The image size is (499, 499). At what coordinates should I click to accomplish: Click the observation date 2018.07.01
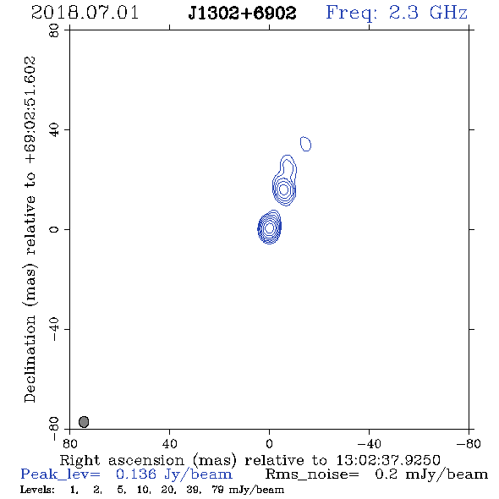tap(85, 13)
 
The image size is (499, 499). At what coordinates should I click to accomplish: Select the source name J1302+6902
tap(242, 13)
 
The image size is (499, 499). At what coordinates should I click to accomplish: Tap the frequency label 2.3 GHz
tap(428, 13)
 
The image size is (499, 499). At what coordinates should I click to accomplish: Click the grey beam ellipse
tap(84, 422)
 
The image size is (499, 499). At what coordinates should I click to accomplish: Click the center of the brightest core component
tap(269, 228)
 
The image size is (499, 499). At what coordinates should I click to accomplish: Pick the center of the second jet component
tap(283, 189)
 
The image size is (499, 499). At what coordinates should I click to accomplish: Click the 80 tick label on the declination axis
tap(54, 30)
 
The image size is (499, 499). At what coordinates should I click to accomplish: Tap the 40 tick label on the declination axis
tap(54, 130)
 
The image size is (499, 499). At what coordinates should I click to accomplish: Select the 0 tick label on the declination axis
tap(54, 229)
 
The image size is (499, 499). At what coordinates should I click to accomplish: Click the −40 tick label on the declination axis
tap(54, 329)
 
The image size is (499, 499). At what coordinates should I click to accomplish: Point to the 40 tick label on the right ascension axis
tap(169, 444)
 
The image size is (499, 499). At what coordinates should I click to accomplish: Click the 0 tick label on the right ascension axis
tap(269, 444)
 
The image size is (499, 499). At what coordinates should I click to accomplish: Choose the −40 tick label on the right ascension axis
tap(369, 444)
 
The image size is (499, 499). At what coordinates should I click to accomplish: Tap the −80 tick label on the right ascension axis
tap(469, 444)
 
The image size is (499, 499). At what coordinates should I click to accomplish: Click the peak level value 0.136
tap(136, 474)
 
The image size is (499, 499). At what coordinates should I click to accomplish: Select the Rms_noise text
tap(312, 474)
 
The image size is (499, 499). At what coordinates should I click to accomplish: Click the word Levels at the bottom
tap(37, 490)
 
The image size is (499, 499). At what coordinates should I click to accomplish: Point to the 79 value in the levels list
tap(217, 490)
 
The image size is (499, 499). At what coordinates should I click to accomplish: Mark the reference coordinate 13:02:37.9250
tap(388, 460)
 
